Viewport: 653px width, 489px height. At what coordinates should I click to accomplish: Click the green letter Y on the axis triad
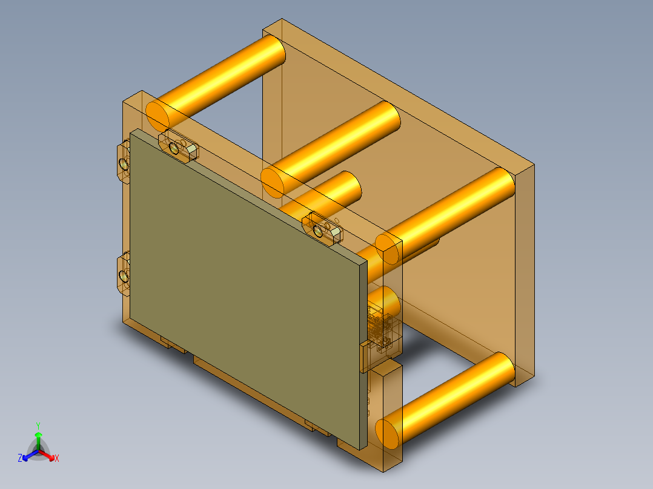point(38,425)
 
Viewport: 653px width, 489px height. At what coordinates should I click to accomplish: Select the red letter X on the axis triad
point(57,459)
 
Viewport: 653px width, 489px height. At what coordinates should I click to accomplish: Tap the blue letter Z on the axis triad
point(20,459)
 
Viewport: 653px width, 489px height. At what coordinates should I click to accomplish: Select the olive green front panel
point(242,284)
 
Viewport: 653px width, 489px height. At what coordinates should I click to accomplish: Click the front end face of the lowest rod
point(388,432)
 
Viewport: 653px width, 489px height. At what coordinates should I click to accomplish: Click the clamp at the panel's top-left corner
point(178,146)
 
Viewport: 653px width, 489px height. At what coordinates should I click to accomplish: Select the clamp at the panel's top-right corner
point(325,229)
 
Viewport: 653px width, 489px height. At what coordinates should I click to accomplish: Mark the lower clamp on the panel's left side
point(123,275)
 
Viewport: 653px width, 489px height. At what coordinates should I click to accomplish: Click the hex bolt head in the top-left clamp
point(191,149)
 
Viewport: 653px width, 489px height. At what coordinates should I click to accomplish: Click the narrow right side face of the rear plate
point(524,272)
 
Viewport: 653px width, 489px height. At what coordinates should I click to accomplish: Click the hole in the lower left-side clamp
point(124,277)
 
